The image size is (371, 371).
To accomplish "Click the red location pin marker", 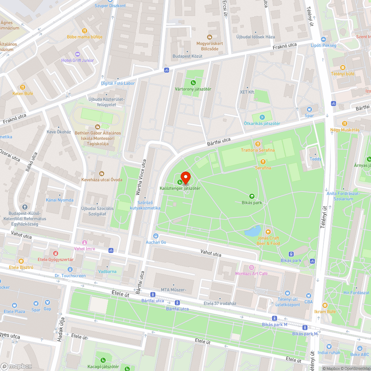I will coord(185,178).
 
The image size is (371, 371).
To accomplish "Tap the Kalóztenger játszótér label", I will coord(180,188).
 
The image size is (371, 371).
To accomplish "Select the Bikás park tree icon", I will coord(252,196).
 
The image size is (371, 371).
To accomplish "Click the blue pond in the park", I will coord(253,232).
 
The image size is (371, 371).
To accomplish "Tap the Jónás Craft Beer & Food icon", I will coord(268,232).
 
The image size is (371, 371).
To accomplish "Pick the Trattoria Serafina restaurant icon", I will coord(257,144).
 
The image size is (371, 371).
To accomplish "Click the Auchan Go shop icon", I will coord(155,236).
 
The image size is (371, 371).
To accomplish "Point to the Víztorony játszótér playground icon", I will coord(193,83).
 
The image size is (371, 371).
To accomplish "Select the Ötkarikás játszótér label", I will coord(262,124).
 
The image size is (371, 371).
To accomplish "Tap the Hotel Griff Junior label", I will coord(78,60).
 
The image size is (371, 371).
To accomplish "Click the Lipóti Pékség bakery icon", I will coord(324,39).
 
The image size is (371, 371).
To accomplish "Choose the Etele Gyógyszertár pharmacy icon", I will coord(56,253).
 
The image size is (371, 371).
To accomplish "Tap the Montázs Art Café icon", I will coord(252,267).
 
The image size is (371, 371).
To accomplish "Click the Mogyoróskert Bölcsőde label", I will coord(210,46).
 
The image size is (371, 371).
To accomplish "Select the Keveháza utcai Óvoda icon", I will coord(102,173).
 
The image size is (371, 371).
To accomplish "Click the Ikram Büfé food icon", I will coord(325,305).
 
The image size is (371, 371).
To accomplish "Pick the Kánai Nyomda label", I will coord(59,200).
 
